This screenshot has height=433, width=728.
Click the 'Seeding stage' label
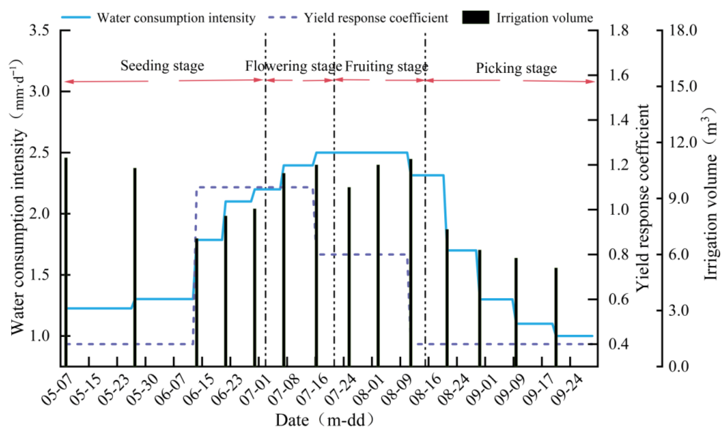[x=162, y=66]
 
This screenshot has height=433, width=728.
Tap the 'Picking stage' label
[x=516, y=68]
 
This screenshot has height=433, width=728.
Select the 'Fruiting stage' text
[x=386, y=66]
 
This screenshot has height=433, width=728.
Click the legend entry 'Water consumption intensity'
[x=176, y=18]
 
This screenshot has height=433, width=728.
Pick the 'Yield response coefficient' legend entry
[x=376, y=18]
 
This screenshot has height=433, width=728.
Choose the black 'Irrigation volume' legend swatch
[x=475, y=17]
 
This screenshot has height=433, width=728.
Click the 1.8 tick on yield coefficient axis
[x=619, y=30]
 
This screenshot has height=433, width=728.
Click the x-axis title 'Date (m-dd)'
[x=325, y=420]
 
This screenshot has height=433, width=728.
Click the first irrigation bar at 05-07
[x=66, y=262]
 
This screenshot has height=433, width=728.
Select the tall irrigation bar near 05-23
[x=135, y=267]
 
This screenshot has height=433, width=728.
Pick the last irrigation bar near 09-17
[x=556, y=317]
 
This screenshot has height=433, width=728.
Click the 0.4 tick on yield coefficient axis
[x=619, y=344]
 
